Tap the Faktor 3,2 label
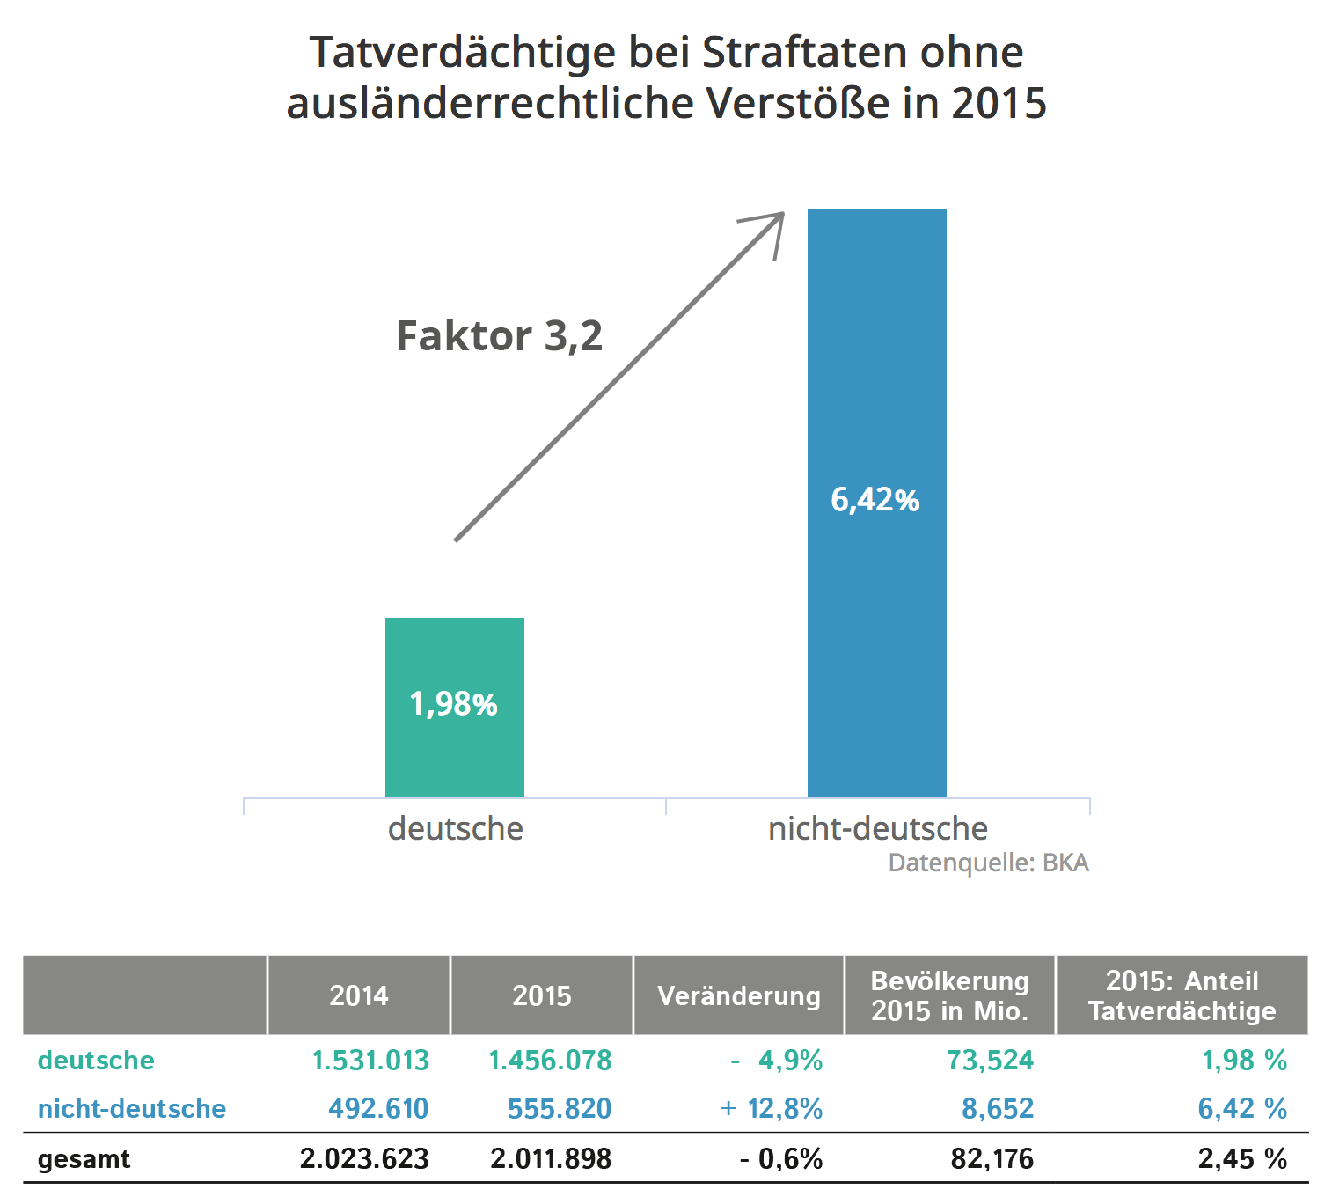499,336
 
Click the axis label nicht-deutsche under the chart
877,828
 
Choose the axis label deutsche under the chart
455,828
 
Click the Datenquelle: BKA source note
988,863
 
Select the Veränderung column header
738,995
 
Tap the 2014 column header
358,995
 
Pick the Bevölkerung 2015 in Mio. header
949,995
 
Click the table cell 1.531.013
370,1061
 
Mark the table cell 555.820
559,1109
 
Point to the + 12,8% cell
772,1109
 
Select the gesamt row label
84,1159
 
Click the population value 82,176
992,1159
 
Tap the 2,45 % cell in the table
1241,1159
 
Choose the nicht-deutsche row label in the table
132,1109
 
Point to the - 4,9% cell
777,1061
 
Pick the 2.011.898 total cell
551,1159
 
